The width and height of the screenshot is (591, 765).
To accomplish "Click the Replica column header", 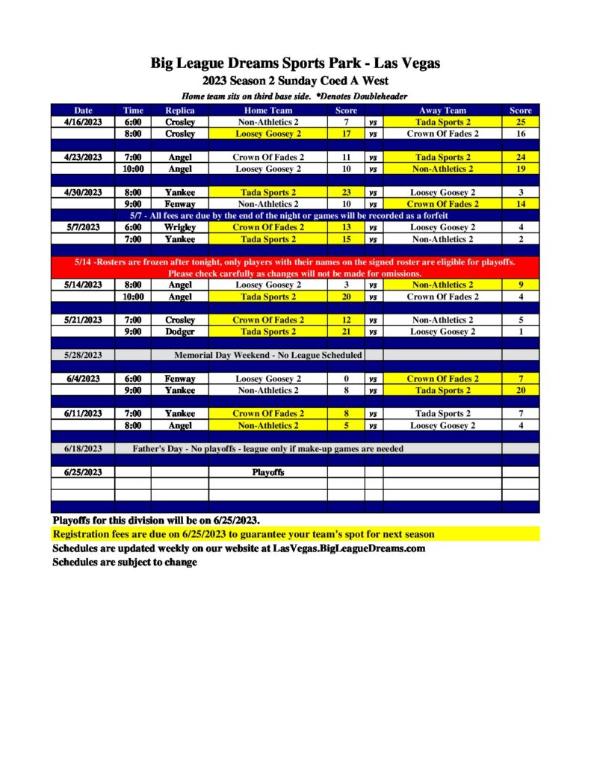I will pyautogui.click(x=179, y=111).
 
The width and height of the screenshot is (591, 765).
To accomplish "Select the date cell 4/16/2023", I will pyautogui.click(x=82, y=122).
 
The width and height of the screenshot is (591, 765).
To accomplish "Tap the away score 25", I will pyautogui.click(x=520, y=122).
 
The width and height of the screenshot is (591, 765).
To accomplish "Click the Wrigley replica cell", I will pyautogui.click(x=179, y=227).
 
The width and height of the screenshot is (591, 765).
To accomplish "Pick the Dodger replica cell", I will pyautogui.click(x=179, y=332).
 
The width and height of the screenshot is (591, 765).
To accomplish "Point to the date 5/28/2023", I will pyautogui.click(x=82, y=355).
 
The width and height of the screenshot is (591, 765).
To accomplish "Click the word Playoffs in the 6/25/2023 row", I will pyautogui.click(x=267, y=472).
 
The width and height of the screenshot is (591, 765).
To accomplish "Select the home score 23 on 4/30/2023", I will pyautogui.click(x=346, y=192).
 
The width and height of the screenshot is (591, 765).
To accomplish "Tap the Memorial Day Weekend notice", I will pyautogui.click(x=267, y=355).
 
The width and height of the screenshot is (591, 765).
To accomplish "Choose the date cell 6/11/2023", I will pyautogui.click(x=82, y=413).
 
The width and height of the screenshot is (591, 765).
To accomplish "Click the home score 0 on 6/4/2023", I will pyautogui.click(x=346, y=379).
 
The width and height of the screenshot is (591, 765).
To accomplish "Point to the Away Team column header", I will pyautogui.click(x=442, y=111).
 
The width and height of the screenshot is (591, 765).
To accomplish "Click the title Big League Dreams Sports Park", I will pyautogui.click(x=295, y=64).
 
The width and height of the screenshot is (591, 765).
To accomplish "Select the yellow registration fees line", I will pyautogui.click(x=243, y=534).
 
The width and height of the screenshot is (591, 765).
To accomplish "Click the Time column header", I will pyautogui.click(x=133, y=111).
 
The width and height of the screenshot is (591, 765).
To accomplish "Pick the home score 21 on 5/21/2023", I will pyautogui.click(x=346, y=332).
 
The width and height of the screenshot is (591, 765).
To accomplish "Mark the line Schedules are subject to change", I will pyautogui.click(x=125, y=562).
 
